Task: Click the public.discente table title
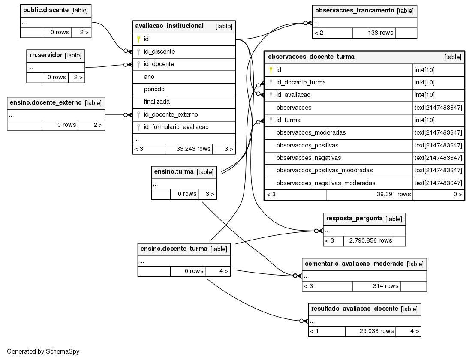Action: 46,10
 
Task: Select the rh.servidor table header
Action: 46,55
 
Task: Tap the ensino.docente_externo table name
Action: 46,102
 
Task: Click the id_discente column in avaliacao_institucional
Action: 159,51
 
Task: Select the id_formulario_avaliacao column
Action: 176,127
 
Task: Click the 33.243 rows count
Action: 193,149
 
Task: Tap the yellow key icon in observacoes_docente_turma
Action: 271,70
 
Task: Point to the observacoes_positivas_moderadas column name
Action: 325,171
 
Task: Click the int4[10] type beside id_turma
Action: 424,120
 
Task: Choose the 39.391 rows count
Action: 394,194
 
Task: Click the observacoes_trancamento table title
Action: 355,11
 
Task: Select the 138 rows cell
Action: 381,33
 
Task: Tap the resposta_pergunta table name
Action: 354,218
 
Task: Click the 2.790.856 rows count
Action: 370,240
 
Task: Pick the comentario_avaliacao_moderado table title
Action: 354,264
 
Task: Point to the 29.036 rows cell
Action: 376,331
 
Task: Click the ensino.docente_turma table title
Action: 174,249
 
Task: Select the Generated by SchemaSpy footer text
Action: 43,351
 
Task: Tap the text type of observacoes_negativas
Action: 438,158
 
